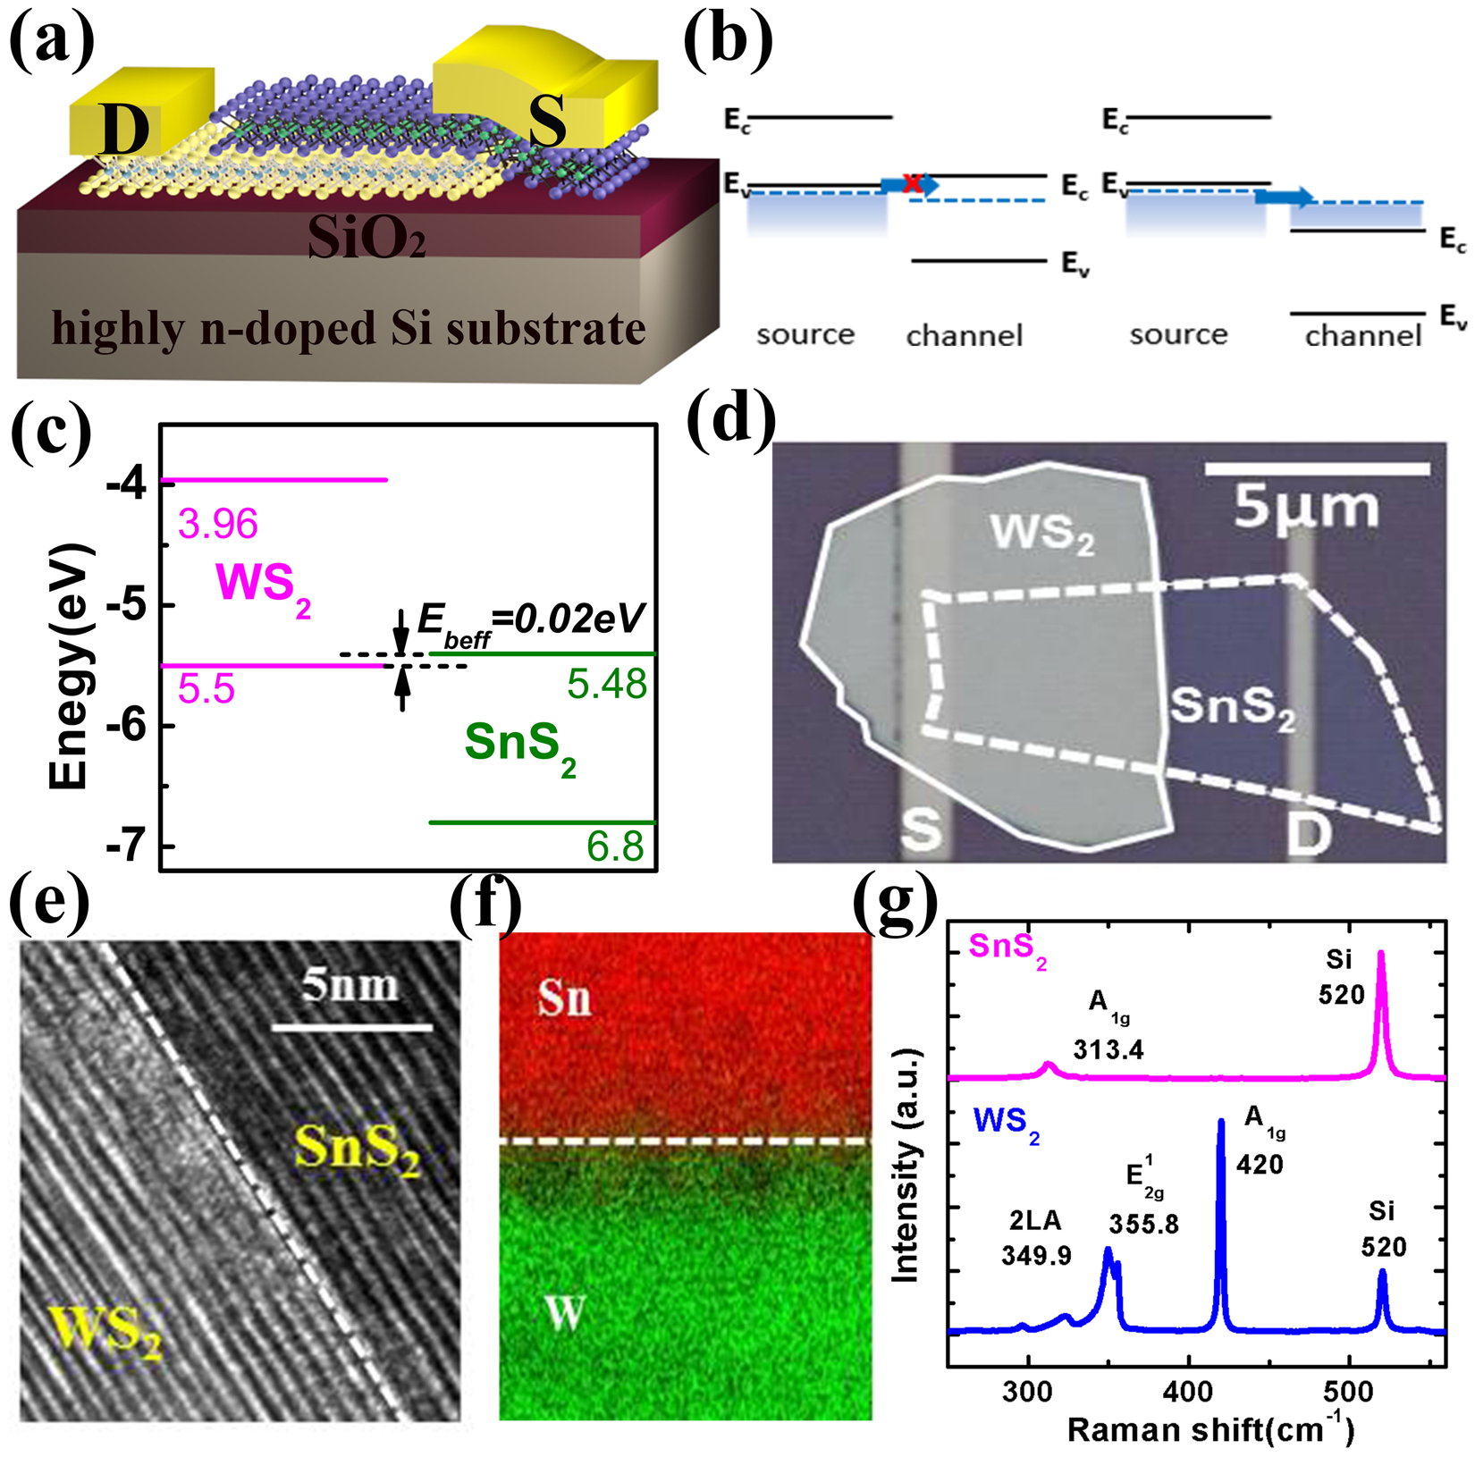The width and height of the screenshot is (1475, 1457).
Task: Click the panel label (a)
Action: [x=51, y=40]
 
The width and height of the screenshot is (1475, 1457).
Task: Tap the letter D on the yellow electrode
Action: [x=124, y=129]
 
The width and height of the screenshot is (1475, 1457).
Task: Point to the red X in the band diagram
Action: [x=911, y=183]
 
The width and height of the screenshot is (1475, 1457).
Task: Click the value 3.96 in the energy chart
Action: [x=217, y=524]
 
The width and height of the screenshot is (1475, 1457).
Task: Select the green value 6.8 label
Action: [x=615, y=846]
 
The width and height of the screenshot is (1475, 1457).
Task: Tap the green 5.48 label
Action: [x=607, y=685]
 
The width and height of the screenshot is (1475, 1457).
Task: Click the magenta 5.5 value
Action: [x=206, y=690]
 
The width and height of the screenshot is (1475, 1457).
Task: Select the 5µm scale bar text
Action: [x=1306, y=509]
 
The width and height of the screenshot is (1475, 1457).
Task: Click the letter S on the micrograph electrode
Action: [x=921, y=829]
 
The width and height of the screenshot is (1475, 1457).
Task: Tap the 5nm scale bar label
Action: [x=350, y=985]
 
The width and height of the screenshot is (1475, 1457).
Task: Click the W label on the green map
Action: [x=565, y=1312]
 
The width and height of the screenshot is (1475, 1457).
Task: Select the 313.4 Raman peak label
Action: [x=1108, y=1049]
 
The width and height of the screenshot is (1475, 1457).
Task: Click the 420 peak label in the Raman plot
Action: [x=1260, y=1164]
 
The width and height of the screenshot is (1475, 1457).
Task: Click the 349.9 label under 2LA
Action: [x=1036, y=1256]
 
